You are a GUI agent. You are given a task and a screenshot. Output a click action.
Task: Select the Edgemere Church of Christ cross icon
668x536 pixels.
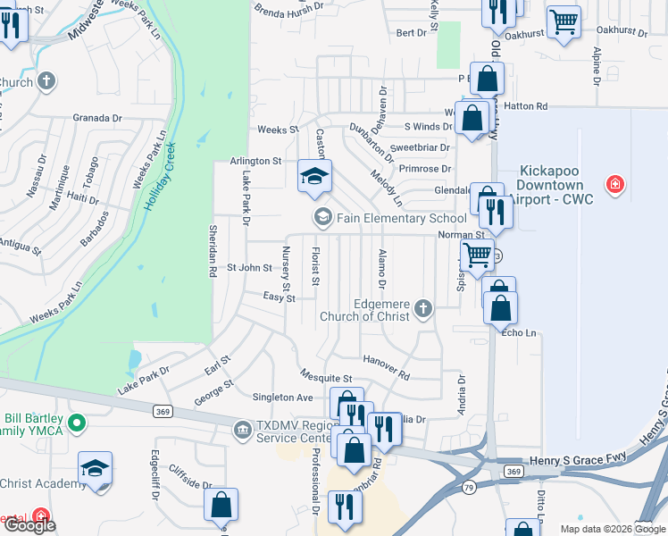point(423,309)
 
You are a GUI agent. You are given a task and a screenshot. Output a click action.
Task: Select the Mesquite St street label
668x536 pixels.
point(326,379)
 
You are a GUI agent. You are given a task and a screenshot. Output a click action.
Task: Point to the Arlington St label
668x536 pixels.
point(255,161)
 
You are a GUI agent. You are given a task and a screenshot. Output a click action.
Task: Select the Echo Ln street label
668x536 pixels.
point(519,332)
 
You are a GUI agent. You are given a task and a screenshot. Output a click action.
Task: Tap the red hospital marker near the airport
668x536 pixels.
point(614,185)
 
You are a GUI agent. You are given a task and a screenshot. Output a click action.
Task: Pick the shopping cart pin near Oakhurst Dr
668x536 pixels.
point(564,21)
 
